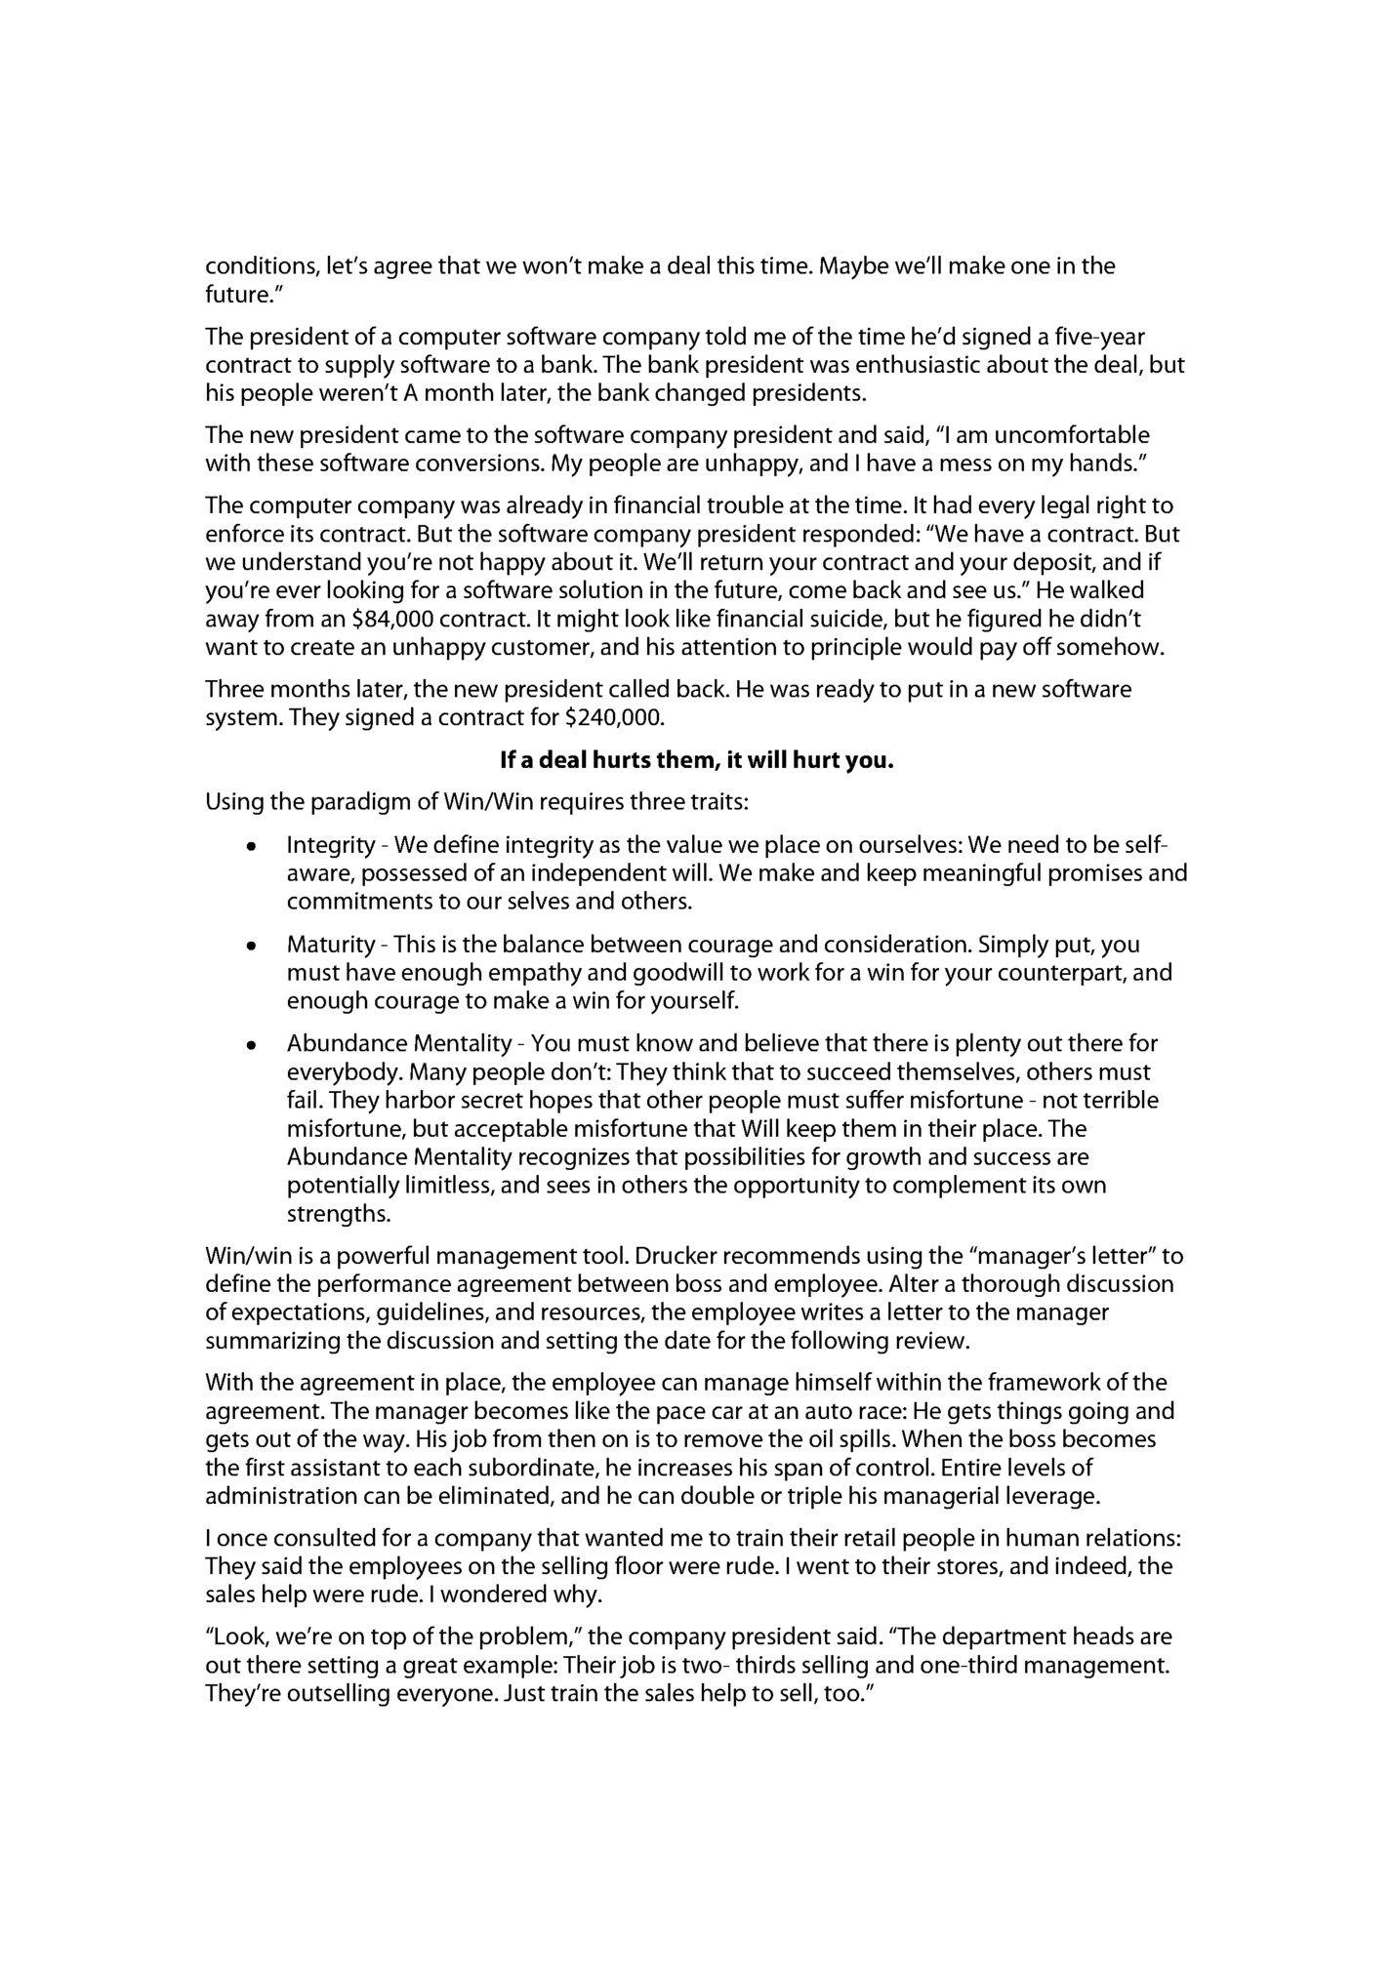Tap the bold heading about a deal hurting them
(696, 761)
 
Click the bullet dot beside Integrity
(252, 846)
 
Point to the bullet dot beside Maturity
(252, 946)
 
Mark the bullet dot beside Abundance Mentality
(252, 1045)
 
